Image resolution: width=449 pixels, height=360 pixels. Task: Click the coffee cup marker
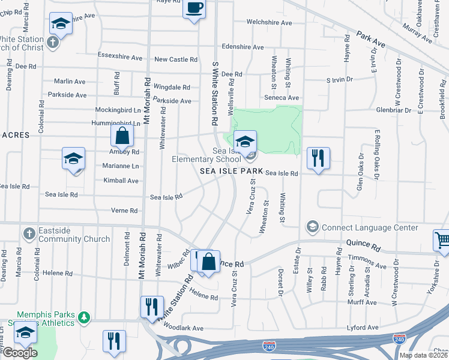click(193, 8)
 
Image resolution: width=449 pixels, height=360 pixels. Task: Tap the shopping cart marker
click(442, 241)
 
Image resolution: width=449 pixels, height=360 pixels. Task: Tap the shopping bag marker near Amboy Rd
click(122, 136)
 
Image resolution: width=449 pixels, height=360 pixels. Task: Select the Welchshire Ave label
click(270, 23)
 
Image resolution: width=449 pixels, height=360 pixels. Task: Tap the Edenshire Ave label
click(243, 47)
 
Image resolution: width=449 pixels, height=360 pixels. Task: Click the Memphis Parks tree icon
click(85, 316)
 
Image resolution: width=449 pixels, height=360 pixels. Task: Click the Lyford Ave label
click(364, 328)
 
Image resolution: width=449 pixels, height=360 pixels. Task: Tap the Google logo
click(19, 352)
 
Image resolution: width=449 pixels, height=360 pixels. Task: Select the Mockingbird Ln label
click(118, 110)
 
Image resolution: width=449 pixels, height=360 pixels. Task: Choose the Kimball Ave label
click(121, 181)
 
